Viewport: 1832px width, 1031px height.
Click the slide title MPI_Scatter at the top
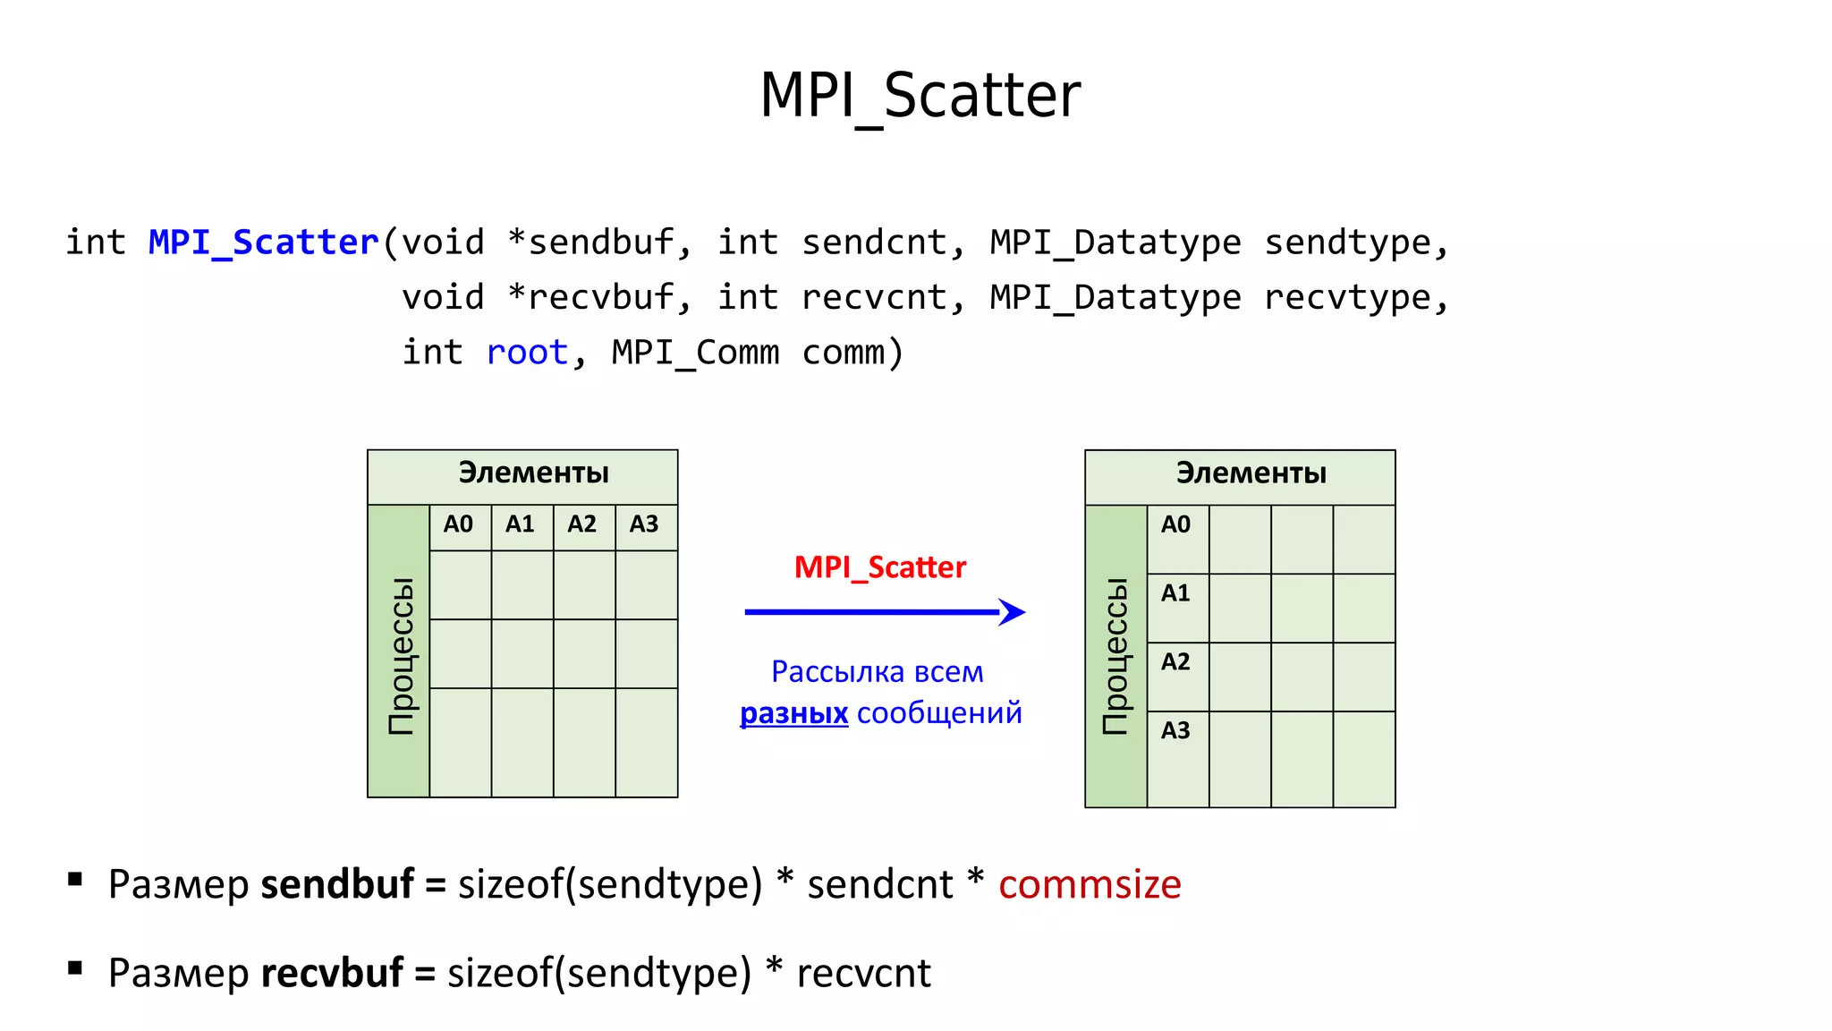click(920, 97)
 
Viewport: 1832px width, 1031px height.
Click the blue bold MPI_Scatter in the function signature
click(264, 243)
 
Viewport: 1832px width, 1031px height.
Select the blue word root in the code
click(527, 353)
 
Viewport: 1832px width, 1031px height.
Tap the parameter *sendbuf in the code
click(590, 243)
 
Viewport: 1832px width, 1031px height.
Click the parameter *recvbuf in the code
click(590, 297)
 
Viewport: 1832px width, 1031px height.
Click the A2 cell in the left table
click(582, 524)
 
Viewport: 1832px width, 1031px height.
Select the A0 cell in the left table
click(459, 524)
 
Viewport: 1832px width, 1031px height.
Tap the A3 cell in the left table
click(644, 524)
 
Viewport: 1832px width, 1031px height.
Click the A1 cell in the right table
click(1176, 594)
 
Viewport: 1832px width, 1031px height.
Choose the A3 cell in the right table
click(1176, 731)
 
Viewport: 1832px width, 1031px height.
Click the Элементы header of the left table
click(533, 473)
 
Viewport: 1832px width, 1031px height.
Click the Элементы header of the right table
click(1251, 473)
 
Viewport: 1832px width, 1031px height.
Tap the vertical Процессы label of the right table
click(1115, 656)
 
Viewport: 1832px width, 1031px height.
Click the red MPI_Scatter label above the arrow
click(880, 567)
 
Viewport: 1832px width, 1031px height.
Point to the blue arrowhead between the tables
click(1013, 612)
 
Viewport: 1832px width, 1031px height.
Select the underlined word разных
click(793, 713)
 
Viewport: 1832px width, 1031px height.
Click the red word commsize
click(1090, 884)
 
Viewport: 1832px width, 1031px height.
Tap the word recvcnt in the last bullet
click(863, 973)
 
